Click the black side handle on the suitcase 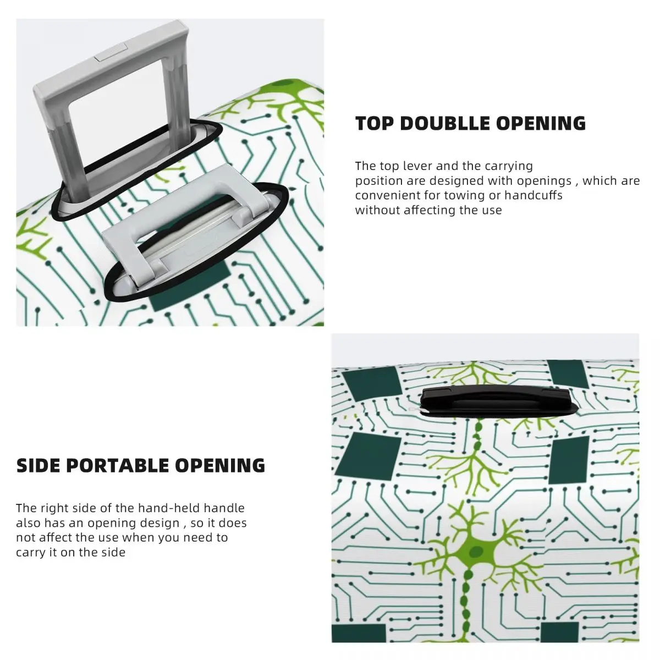coord(495,400)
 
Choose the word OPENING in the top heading coord(541,123)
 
